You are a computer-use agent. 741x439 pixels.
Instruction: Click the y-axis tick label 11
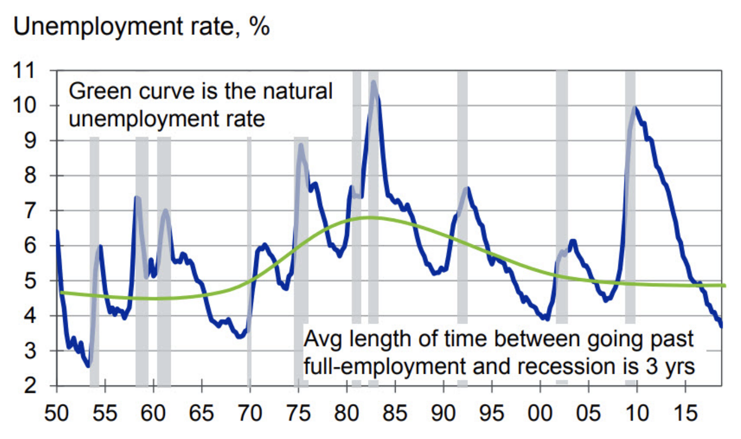(x=25, y=70)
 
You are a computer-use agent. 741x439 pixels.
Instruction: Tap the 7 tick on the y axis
(x=30, y=210)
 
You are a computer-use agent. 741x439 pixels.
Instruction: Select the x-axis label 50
(x=56, y=414)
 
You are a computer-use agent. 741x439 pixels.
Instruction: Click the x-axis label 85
(x=394, y=414)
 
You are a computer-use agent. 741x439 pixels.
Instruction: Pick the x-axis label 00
(x=540, y=414)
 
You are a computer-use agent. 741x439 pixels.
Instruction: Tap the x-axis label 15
(x=685, y=414)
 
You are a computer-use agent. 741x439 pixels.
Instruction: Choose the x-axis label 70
(x=250, y=414)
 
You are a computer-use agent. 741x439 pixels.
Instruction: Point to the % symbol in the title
(x=259, y=26)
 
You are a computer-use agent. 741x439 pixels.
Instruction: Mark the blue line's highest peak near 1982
(x=374, y=81)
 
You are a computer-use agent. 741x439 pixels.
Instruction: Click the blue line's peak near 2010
(x=635, y=107)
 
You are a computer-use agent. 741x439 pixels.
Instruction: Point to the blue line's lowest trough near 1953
(x=88, y=365)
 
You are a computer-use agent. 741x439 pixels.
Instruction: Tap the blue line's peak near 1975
(x=301, y=145)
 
